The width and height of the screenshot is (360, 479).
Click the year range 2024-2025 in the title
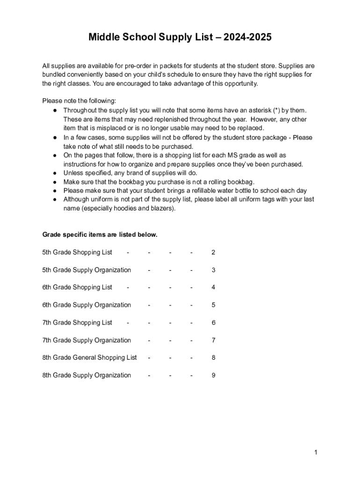247,37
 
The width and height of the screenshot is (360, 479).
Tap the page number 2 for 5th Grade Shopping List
213,253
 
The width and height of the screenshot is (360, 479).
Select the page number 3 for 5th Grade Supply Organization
213,270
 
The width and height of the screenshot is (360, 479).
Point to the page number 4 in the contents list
213,287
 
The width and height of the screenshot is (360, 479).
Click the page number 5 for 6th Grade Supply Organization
213,305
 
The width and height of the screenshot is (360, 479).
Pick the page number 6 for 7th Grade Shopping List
213,323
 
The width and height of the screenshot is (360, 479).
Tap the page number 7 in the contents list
213,340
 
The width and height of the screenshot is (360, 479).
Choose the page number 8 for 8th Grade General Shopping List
213,358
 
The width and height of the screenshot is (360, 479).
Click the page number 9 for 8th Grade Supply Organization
213,375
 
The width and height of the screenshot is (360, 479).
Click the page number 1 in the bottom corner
316,452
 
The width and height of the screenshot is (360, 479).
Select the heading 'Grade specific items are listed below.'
100,235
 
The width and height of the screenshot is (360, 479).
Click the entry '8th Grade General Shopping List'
89,358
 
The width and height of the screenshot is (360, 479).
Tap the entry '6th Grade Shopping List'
77,287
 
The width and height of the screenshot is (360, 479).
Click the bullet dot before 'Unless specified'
55,173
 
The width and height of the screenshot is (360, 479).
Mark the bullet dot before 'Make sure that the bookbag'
55,182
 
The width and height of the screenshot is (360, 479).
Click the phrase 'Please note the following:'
79,101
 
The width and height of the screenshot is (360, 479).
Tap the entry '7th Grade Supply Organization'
86,340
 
